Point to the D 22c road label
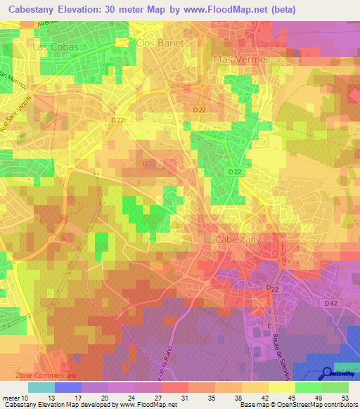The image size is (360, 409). coord(121,121)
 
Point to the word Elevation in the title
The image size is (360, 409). coord(84,10)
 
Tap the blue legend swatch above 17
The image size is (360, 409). coord(68,387)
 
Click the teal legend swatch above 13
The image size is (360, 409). coord(41,387)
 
